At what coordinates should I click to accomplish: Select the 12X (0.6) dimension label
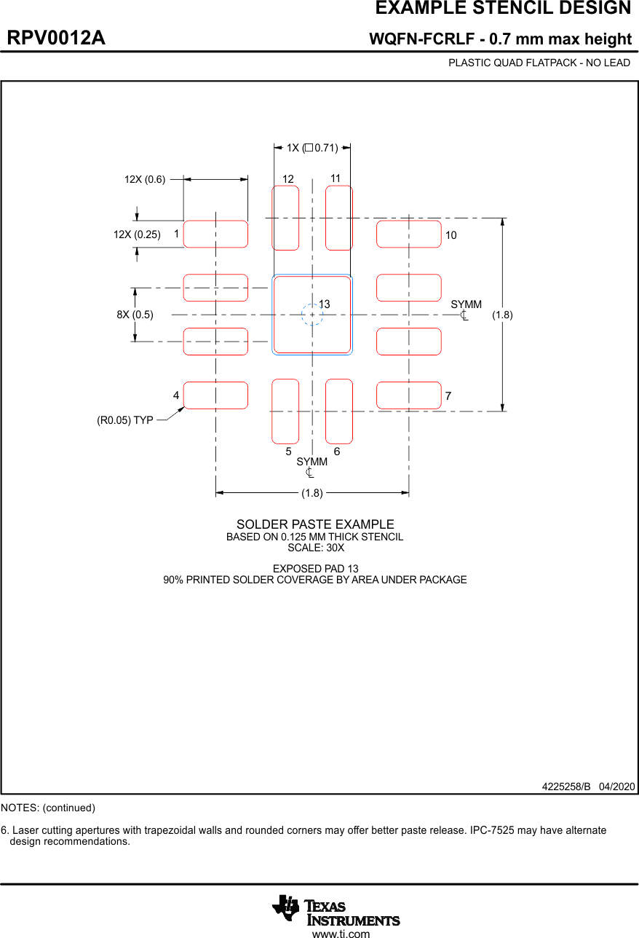145,179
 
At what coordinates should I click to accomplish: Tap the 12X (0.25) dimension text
137,234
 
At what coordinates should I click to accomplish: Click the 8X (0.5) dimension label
135,315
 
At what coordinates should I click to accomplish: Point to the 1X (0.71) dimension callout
312,148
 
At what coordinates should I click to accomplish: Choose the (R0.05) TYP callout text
124,420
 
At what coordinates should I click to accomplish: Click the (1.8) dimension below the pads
312,493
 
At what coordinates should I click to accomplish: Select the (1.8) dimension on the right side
502,315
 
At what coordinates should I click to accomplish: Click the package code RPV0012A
56,38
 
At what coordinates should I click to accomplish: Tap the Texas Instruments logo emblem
285,908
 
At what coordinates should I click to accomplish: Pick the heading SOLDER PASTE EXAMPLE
315,524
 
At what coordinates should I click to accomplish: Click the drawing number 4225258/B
566,787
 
